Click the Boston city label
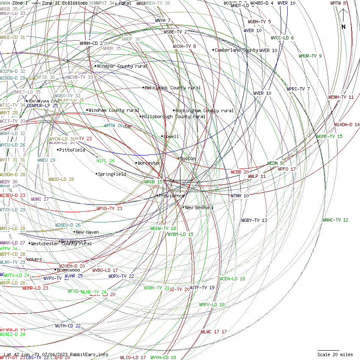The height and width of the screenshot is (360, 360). click(x=188, y=158)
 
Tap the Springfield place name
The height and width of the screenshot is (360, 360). click(x=112, y=174)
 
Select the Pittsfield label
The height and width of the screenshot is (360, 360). click(x=72, y=150)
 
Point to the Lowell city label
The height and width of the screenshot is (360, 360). click(x=171, y=136)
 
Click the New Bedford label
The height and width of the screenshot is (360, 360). click(x=199, y=208)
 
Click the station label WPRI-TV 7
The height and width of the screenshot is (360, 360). click(x=298, y=89)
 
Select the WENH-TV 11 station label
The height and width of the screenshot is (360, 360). click(x=341, y=97)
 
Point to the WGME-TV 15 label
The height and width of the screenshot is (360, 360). click(x=330, y=136)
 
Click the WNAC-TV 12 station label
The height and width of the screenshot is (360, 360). click(x=335, y=220)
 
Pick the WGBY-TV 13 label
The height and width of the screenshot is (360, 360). click(x=254, y=220)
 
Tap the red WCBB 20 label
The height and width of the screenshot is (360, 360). click(x=240, y=172)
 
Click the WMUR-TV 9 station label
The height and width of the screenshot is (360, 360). click(x=310, y=56)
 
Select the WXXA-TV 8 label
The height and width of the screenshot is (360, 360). click(x=184, y=46)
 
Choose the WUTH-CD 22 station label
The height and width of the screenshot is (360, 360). click(x=68, y=326)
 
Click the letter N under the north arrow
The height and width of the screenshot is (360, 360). click(x=343, y=27)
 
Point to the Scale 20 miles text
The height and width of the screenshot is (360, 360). click(x=335, y=354)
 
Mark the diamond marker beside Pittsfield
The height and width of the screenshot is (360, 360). click(x=58, y=150)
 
